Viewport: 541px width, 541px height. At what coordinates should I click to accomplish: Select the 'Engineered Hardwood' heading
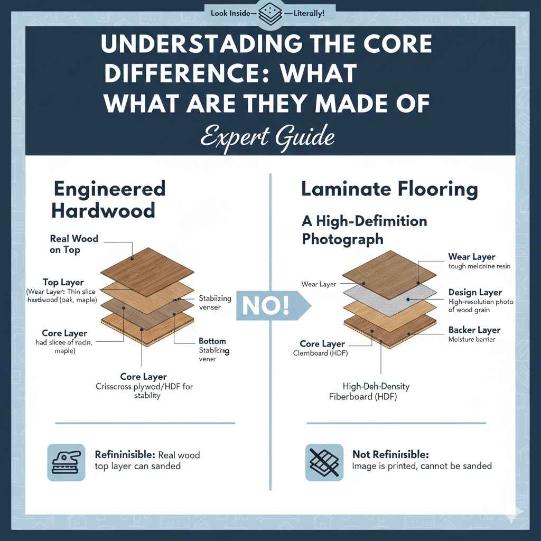[x=108, y=199]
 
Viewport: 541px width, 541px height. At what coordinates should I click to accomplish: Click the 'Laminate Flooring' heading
[x=389, y=189]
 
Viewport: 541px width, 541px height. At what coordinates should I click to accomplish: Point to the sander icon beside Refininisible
[x=66, y=462]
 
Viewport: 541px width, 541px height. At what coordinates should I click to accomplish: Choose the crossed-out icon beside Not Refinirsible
[x=323, y=462]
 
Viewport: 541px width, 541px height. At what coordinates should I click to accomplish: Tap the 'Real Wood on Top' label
[x=74, y=244]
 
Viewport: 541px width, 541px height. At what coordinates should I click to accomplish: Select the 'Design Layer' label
[x=474, y=292]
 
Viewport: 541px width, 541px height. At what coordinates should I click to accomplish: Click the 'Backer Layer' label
[x=474, y=330]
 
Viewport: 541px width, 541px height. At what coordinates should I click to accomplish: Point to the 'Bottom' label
[x=212, y=341]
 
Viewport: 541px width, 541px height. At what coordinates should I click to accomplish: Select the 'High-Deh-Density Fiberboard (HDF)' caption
[x=370, y=391]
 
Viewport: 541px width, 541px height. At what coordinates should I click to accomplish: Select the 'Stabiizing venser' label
[x=215, y=303]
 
